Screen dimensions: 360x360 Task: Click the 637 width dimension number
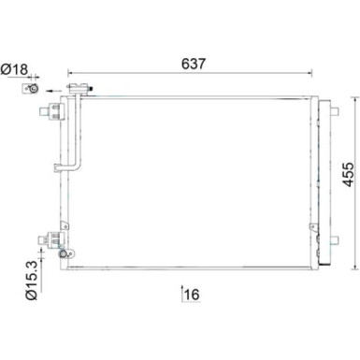193,65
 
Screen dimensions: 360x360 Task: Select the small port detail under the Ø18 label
32,88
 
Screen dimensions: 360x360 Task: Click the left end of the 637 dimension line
67,74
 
